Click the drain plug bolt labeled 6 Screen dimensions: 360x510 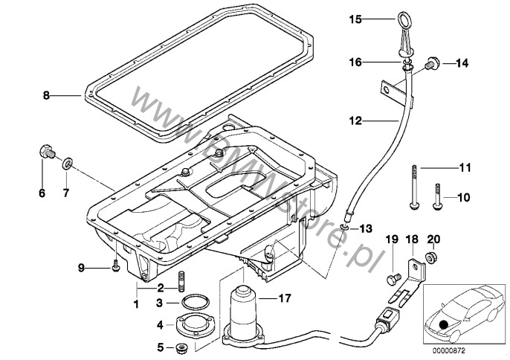(44, 155)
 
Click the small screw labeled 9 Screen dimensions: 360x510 (115, 265)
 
